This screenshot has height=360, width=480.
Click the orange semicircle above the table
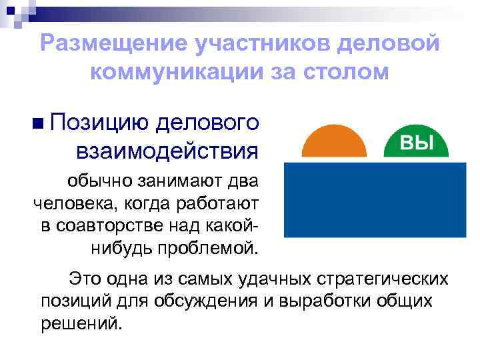pyautogui.click(x=334, y=142)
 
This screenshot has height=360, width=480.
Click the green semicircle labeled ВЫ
pyautogui.click(x=415, y=143)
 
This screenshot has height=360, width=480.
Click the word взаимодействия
pyautogui.click(x=167, y=151)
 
